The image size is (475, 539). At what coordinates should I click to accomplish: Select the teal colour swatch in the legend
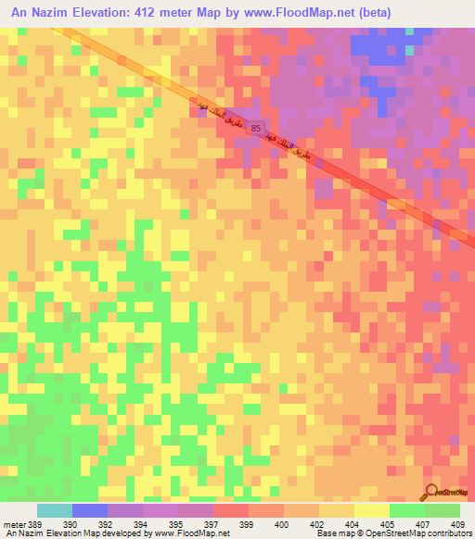[55, 510]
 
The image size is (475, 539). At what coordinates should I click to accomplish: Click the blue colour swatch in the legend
[90, 510]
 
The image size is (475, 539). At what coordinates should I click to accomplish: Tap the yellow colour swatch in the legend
[371, 510]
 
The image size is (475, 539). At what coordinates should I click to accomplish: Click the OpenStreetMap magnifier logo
[432, 492]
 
